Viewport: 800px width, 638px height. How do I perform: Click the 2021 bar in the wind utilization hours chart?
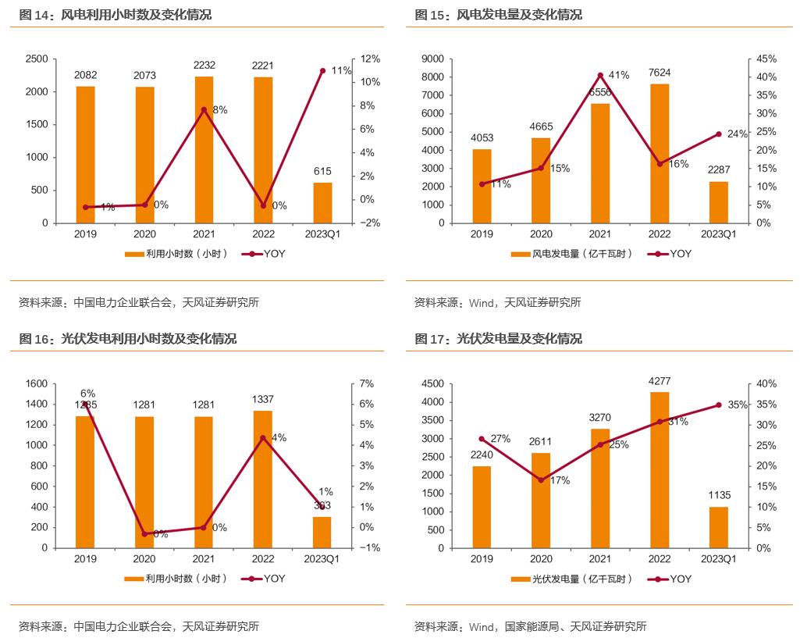tap(204, 149)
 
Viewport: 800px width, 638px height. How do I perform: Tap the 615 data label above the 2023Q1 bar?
tap(322, 171)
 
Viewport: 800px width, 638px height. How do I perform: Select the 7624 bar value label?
tap(660, 73)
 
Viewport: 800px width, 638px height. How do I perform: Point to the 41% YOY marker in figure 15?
tap(600, 75)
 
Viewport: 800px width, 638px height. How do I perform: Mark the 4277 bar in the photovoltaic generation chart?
tap(660, 469)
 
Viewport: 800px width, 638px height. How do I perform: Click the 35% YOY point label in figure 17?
tap(738, 405)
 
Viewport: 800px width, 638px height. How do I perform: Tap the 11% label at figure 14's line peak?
tap(341, 70)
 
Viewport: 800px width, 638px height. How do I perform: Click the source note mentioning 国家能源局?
tap(530, 626)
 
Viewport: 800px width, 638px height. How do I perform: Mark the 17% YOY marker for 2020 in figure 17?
tap(541, 479)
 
